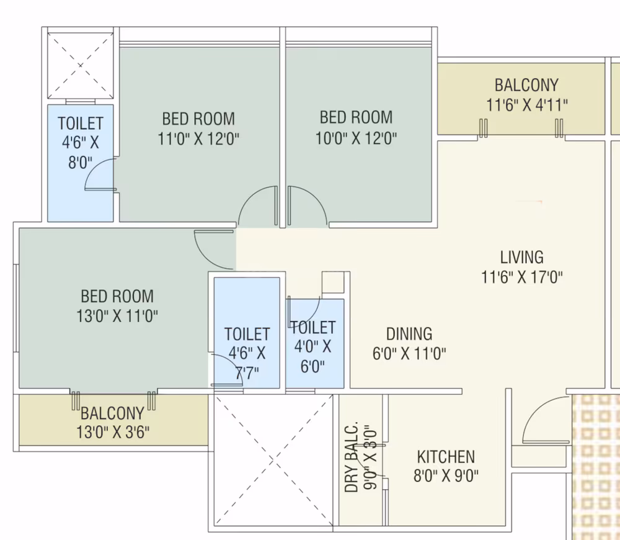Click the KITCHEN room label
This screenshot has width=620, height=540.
[446, 457]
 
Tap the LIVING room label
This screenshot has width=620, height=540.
[521, 258]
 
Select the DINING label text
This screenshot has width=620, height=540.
[409, 334]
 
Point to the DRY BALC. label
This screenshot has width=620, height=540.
[351, 457]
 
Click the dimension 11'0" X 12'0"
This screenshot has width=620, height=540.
[198, 139]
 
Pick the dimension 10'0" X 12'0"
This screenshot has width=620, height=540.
[356, 138]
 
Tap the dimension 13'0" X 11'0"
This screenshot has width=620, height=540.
[117, 316]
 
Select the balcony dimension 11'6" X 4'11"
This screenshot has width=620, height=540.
[526, 106]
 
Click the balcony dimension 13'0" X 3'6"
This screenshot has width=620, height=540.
[113, 432]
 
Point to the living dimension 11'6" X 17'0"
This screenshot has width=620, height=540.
[521, 277]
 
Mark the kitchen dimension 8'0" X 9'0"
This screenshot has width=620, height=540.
[446, 475]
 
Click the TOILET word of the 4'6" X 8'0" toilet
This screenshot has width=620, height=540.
[80, 123]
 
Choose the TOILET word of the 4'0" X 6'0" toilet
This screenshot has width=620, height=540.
[313, 328]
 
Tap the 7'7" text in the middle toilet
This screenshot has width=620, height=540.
[247, 373]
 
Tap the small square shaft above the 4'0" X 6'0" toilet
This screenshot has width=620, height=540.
[332, 282]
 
